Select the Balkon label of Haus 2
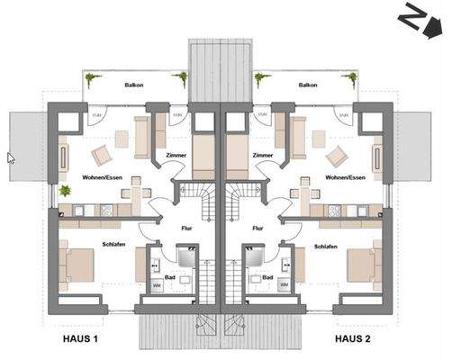(307, 85)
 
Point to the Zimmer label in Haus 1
(176, 155)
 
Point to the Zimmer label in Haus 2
(263, 155)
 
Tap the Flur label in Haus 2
(258, 228)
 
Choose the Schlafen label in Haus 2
(325, 245)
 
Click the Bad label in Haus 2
(268, 277)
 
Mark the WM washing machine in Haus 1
(158, 286)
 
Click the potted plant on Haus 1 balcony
(89, 80)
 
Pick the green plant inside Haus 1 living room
(65, 191)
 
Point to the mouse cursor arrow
(11, 157)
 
